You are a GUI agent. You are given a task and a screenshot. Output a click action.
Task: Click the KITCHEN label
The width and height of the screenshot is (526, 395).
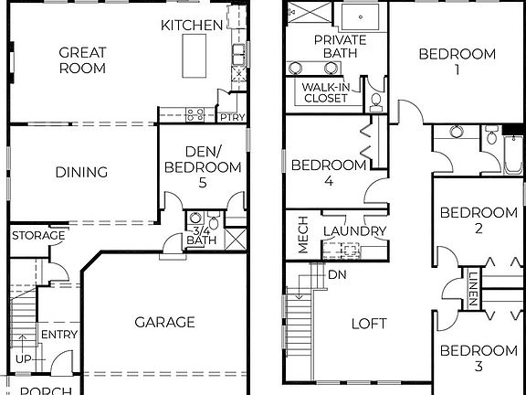click(192, 26)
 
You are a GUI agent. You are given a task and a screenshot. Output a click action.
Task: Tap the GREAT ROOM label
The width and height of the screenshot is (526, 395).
click(82, 60)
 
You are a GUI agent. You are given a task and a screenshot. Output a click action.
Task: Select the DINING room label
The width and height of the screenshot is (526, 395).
click(81, 172)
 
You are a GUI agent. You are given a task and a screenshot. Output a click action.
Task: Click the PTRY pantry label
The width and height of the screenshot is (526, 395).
click(228, 116)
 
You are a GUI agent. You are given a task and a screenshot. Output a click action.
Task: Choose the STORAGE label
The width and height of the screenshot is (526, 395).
click(38, 236)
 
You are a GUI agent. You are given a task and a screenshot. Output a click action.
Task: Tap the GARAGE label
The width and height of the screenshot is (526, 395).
click(164, 322)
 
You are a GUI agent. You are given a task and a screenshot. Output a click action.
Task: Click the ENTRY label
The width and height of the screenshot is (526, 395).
click(59, 335)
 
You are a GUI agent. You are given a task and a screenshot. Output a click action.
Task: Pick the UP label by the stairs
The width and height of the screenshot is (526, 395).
click(23, 358)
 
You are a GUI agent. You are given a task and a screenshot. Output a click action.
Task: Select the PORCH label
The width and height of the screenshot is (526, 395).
click(46, 390)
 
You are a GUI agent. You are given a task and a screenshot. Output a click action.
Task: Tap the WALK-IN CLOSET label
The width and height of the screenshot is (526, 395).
click(324, 92)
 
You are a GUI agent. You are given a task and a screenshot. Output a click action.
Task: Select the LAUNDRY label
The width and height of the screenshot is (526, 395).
click(355, 231)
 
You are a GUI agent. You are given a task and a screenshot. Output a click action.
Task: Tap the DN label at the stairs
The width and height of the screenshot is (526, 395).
click(336, 274)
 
